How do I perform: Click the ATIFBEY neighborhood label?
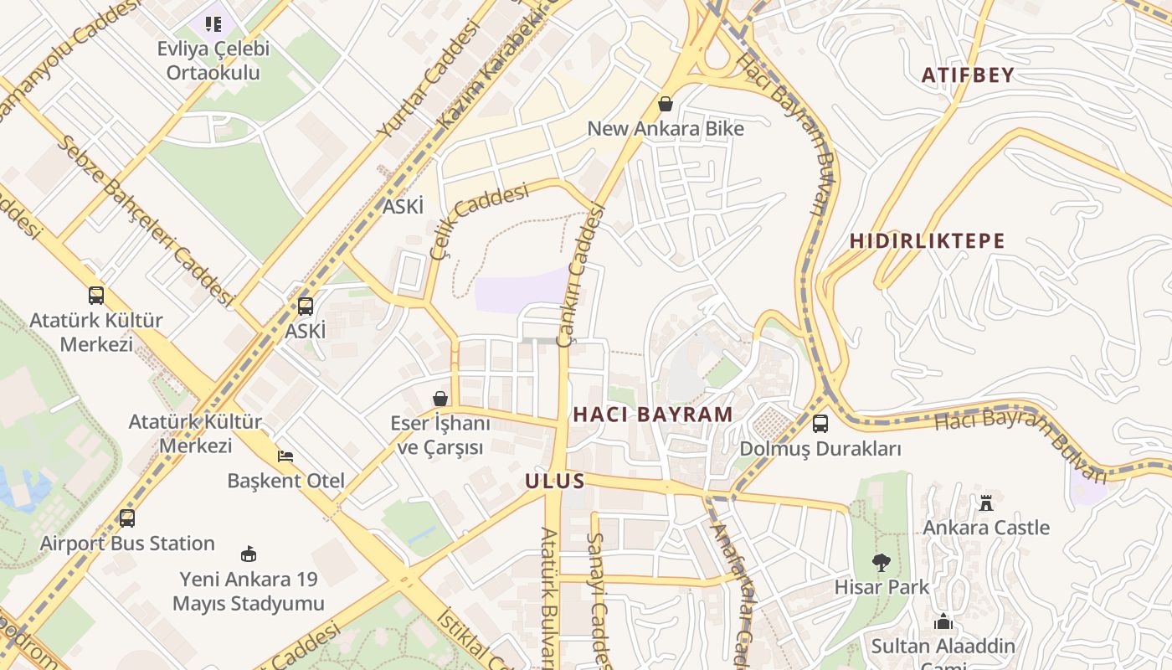coord(968,75)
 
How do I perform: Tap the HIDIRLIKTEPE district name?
coord(927,241)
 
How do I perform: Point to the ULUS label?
coord(554,481)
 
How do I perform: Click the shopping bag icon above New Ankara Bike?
coord(666,104)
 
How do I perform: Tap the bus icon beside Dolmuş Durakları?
coord(820,424)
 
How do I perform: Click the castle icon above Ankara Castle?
coord(986,503)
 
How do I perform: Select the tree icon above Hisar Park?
coord(881,563)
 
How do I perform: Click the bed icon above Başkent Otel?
coord(285,456)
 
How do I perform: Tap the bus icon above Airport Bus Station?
coord(127,518)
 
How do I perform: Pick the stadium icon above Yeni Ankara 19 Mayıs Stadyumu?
coord(249,554)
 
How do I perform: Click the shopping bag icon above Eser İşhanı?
coord(440,399)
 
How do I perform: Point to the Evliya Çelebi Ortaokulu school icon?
coord(213,23)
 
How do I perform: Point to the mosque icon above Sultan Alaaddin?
coord(943,622)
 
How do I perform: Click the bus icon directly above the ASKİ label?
coord(306,307)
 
